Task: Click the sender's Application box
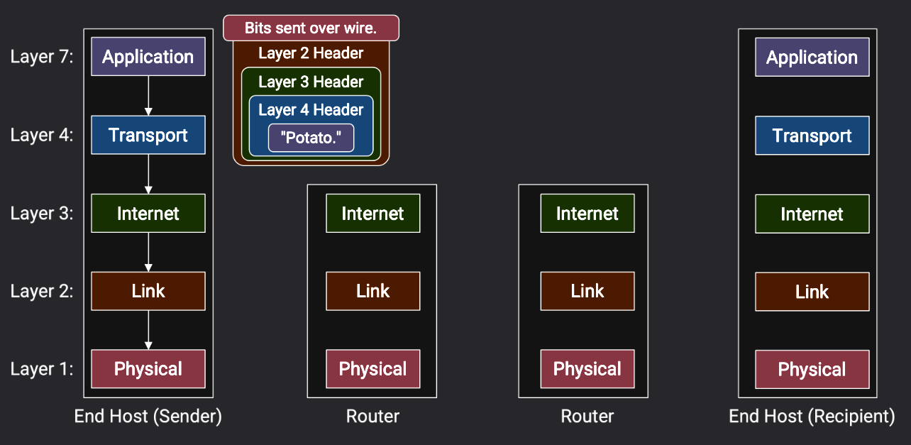point(148,57)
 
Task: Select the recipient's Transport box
point(812,136)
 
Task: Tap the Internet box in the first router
point(372,213)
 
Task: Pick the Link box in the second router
point(587,291)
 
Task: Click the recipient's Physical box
point(812,369)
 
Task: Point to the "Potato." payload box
point(311,138)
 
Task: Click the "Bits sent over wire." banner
point(311,28)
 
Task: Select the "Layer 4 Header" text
point(311,110)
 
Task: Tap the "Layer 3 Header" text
point(311,82)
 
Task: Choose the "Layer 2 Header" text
point(311,53)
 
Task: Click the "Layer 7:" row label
point(42,57)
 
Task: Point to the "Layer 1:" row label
point(42,369)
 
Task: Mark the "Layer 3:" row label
point(42,213)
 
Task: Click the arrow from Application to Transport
point(148,95)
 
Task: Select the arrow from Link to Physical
point(148,329)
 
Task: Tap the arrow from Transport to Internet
point(148,173)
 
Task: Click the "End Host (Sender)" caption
point(148,417)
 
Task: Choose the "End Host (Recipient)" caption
point(812,417)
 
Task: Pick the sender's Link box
point(148,291)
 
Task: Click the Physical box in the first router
point(372,369)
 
